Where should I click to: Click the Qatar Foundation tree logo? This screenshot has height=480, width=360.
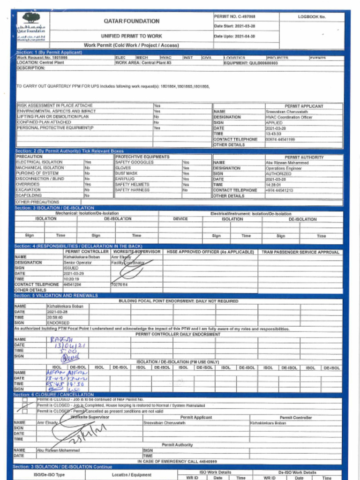(x=31, y=19)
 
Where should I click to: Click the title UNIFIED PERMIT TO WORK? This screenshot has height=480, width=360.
(x=131, y=36)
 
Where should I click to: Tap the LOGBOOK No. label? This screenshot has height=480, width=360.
(x=312, y=16)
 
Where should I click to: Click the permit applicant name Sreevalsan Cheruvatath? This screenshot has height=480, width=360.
(x=286, y=112)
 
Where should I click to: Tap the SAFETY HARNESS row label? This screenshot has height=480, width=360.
(x=132, y=190)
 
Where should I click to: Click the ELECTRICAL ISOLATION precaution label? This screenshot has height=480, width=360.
(x=39, y=162)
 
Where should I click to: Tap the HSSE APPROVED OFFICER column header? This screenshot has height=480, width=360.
(x=210, y=252)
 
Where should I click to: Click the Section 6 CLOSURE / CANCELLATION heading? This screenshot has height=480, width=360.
(x=54, y=395)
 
